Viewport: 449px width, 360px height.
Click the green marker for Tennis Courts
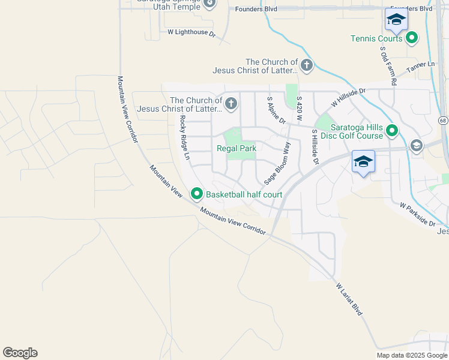[412, 38]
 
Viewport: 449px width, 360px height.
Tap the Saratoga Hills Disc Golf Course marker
[393, 130]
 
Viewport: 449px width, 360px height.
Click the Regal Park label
[237, 148]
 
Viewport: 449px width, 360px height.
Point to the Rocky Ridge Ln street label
[184, 137]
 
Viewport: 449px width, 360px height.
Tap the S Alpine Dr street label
[273, 110]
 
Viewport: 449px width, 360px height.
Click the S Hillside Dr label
[313, 146]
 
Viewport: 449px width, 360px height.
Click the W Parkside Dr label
[417, 214]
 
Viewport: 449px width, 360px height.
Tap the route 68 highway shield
[443, 121]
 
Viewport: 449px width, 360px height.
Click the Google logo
[20, 353]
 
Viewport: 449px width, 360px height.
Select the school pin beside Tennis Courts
[396, 22]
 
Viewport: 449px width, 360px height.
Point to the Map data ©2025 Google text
[412, 355]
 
